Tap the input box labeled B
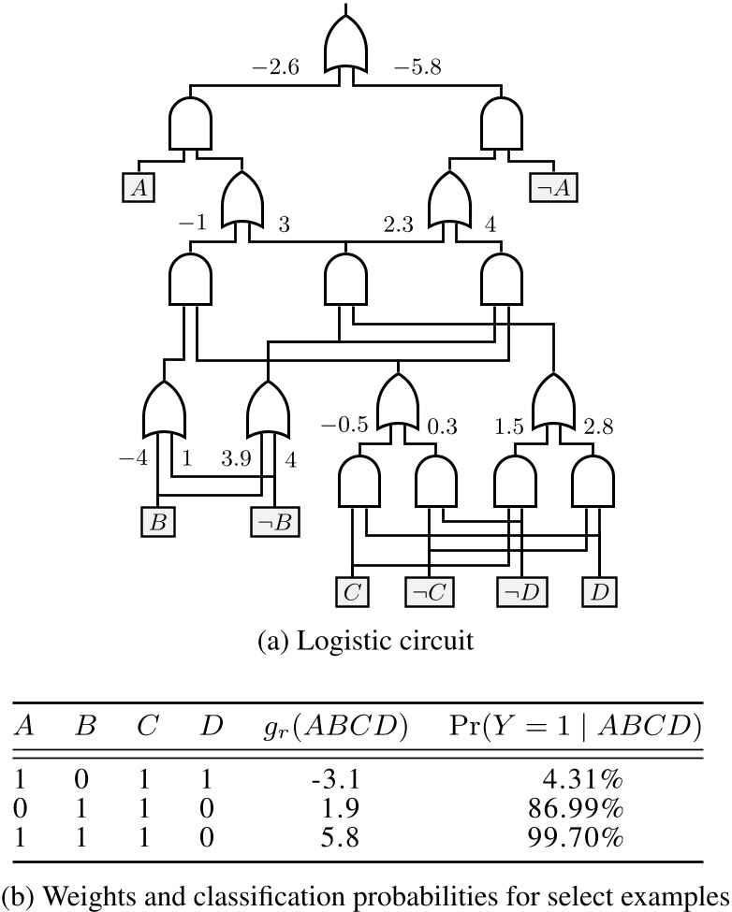point(158,520)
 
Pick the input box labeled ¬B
point(274,520)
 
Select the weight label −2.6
point(273,67)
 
